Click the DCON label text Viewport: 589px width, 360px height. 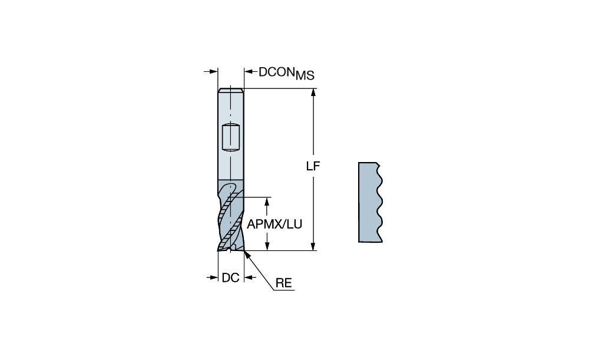tap(276, 72)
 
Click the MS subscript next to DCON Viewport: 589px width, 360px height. tap(305, 75)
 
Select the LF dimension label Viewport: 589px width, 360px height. tap(313, 166)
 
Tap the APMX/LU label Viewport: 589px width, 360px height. tap(274, 224)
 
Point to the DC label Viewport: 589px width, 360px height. tap(231, 278)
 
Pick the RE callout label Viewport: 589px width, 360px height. tap(284, 283)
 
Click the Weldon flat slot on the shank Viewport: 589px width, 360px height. tap(230, 137)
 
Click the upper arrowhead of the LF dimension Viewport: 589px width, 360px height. tap(313, 93)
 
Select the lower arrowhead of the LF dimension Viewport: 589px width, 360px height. tap(313, 246)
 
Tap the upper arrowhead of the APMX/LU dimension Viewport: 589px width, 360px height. tap(267, 202)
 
